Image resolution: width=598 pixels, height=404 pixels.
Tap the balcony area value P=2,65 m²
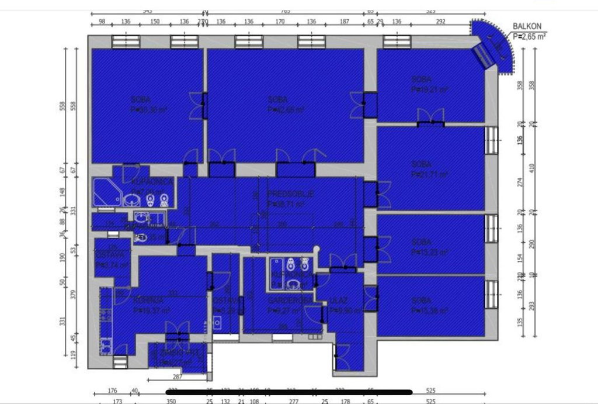(530, 35)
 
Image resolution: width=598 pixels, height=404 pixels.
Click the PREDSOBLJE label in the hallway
(290, 194)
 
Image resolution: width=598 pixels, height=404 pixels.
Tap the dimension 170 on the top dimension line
(280, 22)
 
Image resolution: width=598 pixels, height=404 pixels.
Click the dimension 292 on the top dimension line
(440, 22)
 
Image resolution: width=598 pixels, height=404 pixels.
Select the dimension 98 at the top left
(102, 22)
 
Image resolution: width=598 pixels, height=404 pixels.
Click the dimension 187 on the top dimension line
(344, 22)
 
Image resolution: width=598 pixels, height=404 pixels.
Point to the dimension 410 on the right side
(531, 166)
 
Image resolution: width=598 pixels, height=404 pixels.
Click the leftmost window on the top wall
(126, 40)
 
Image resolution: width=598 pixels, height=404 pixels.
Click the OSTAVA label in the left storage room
(109, 255)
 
